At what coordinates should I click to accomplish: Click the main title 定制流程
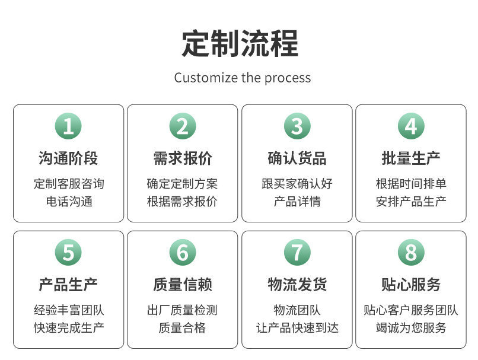[240, 43]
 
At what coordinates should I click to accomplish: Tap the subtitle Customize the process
[243, 78]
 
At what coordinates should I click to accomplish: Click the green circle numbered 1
[68, 126]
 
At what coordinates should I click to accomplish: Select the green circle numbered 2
[183, 126]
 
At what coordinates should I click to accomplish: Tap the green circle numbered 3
[297, 126]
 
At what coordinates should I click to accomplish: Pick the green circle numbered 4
[411, 126]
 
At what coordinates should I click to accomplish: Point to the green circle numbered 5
[68, 253]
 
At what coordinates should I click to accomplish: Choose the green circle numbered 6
[183, 253]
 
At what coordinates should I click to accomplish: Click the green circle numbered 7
[297, 253]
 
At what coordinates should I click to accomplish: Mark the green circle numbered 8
[411, 253]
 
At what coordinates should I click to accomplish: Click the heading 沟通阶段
[68, 158]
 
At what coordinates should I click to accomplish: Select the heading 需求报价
[183, 158]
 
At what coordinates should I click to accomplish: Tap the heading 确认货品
[297, 158]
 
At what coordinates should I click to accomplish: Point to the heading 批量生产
[411, 158]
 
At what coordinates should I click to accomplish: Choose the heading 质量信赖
[183, 285]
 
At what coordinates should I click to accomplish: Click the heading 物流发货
[297, 285]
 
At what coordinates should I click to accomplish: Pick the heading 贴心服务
[411, 285]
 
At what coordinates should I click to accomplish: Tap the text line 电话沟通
[69, 202]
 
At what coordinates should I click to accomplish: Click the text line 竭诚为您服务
[411, 328]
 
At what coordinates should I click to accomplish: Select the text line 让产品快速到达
[297, 328]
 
